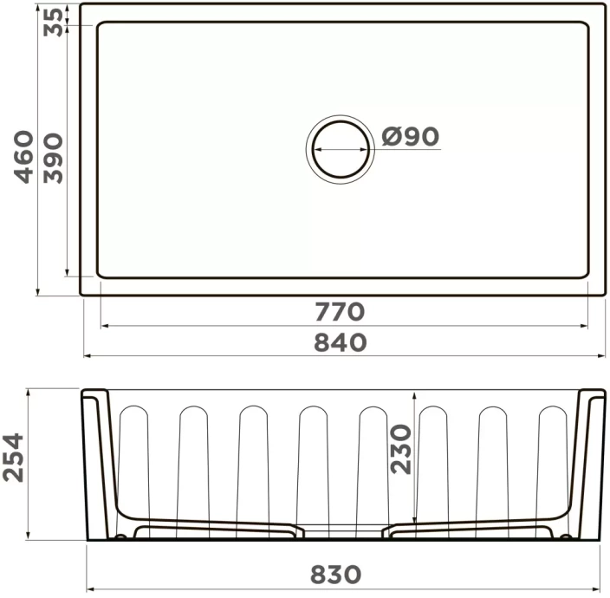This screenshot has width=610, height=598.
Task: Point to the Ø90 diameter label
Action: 411,136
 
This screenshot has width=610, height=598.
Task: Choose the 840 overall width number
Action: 340,342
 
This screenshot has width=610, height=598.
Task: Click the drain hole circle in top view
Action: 339,148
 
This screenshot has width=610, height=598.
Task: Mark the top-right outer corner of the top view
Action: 603,5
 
